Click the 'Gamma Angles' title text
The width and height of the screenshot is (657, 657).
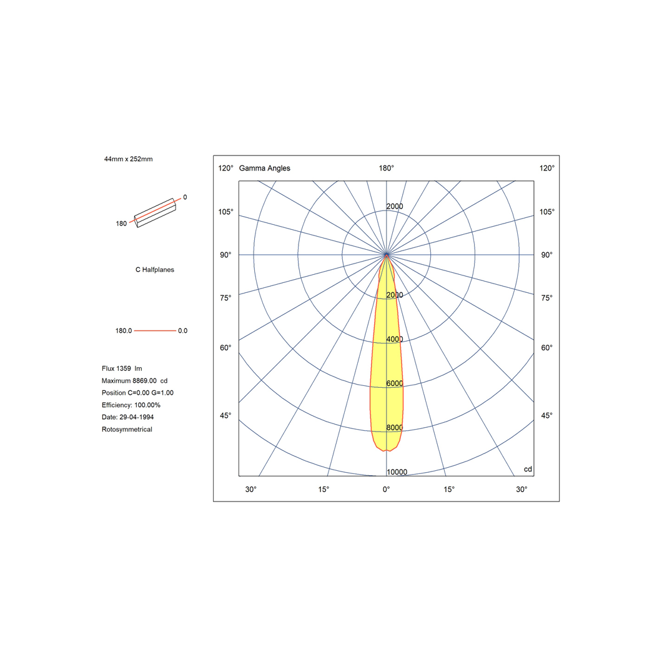click(x=264, y=168)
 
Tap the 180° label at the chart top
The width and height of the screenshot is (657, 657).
click(x=387, y=168)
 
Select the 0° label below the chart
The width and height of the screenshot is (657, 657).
click(x=387, y=489)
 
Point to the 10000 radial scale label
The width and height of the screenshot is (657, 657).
click(x=397, y=472)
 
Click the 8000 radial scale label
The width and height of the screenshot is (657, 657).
click(x=394, y=427)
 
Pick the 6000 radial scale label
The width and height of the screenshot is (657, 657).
click(x=394, y=383)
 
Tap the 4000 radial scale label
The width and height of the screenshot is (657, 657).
click(x=394, y=339)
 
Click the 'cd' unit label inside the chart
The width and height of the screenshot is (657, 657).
click(x=528, y=469)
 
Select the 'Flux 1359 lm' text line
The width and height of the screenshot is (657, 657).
click(x=122, y=368)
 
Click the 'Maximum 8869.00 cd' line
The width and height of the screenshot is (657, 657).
click(x=134, y=380)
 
